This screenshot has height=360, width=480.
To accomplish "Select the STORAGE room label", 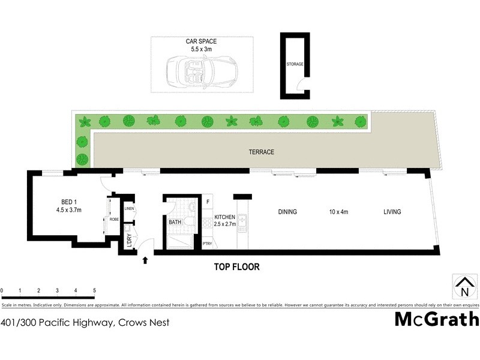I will [x=295, y=64].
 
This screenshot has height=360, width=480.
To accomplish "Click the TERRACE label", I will [x=262, y=152].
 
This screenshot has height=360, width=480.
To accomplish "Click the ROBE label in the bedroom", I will [x=113, y=220].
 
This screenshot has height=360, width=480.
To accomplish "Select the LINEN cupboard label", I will [x=130, y=209].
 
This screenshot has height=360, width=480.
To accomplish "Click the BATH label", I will [x=175, y=222].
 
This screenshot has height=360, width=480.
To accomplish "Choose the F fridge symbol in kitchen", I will [x=208, y=202].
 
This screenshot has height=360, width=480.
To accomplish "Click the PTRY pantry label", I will [x=208, y=244].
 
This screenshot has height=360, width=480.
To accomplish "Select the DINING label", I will [x=287, y=212].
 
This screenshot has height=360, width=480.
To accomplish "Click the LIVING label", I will [x=392, y=212].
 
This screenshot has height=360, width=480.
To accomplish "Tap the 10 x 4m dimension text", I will [x=339, y=212].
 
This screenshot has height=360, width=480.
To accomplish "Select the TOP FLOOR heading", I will [x=237, y=267].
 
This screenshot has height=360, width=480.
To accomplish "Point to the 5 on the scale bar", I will [x=94, y=290].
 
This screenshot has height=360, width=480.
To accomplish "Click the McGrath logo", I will [x=436, y=319].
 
